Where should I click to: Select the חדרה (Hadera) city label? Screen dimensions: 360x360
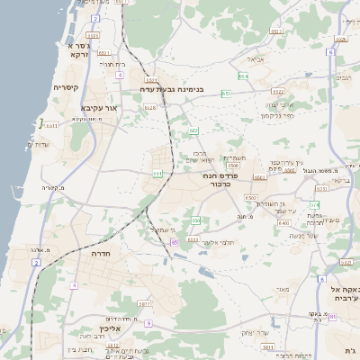tap(99, 255)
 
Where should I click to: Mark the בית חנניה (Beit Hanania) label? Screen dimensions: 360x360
tap(106, 64)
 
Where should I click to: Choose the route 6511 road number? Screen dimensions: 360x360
tap(52, 126)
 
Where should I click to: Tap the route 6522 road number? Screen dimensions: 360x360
tap(278, 91)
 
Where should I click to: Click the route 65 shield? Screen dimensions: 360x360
tap(174, 241)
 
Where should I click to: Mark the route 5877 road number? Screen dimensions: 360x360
tap(144, 305)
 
